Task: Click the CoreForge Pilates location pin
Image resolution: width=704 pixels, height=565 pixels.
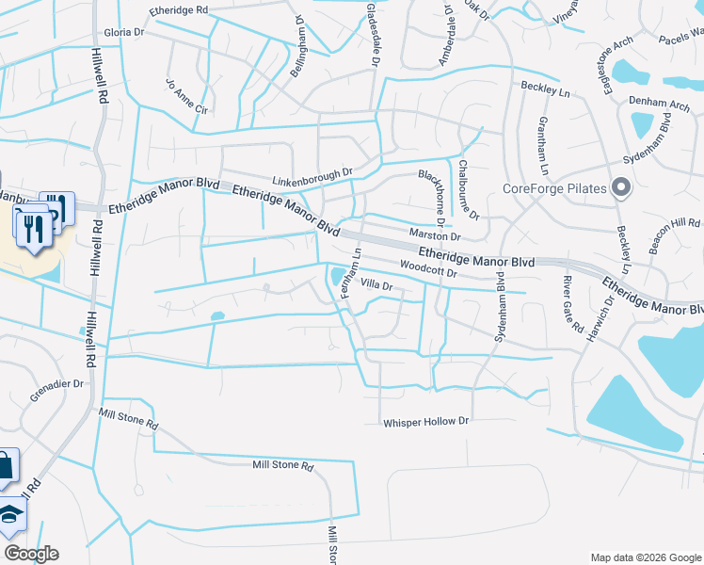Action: tap(620, 187)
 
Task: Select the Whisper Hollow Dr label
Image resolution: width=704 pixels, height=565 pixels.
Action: tap(425, 422)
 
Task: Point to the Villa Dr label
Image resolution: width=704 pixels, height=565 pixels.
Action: tap(376, 283)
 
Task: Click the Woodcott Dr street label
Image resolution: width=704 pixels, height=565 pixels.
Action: tap(427, 271)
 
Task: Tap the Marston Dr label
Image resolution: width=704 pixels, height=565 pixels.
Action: tap(433, 234)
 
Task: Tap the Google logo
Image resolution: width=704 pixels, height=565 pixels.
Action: tap(31, 554)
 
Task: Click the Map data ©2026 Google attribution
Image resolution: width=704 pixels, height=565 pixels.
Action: tap(645, 557)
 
